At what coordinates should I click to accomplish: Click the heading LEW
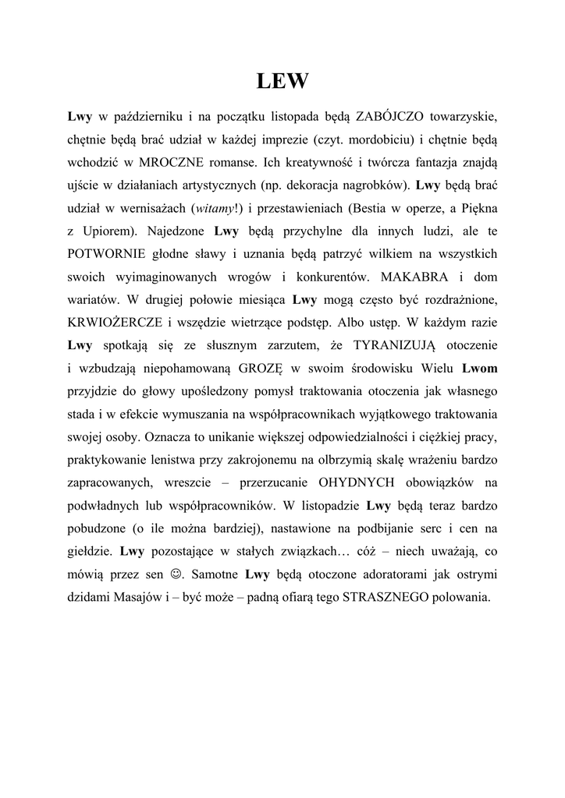point(282,81)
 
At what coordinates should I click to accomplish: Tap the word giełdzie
point(90,553)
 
